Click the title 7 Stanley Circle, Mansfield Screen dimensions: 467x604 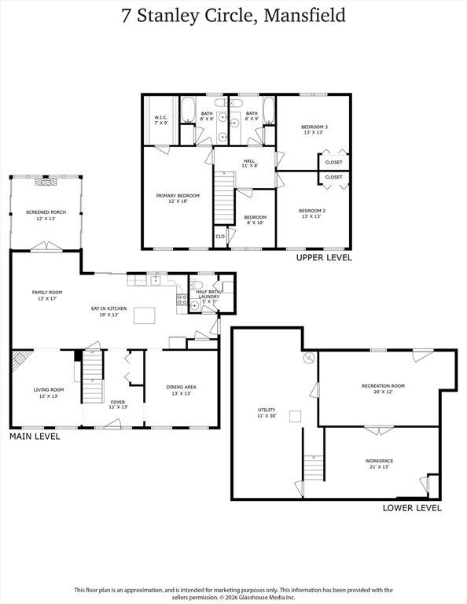(x=233, y=17)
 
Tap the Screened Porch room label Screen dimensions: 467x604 (x=46, y=215)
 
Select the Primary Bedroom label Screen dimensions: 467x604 (x=178, y=198)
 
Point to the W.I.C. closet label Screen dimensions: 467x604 (x=161, y=120)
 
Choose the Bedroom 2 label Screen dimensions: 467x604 (x=312, y=213)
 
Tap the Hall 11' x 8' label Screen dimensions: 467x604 (x=249, y=164)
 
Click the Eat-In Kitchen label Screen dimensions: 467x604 (x=109, y=311)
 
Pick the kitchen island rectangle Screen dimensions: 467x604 (x=145, y=315)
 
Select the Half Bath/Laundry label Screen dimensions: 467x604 (x=208, y=296)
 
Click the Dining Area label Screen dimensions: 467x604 (x=182, y=390)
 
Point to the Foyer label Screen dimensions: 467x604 (x=118, y=404)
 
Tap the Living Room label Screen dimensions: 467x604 (x=49, y=392)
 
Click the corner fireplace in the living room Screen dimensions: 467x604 (x=20, y=359)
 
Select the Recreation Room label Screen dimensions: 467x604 (x=383, y=389)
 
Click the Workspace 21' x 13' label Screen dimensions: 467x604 (x=379, y=464)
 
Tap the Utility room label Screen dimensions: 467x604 (x=267, y=413)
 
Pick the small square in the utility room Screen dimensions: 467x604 (x=296, y=417)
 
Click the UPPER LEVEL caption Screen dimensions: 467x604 (x=324, y=258)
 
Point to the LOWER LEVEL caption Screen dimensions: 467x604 (x=412, y=508)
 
